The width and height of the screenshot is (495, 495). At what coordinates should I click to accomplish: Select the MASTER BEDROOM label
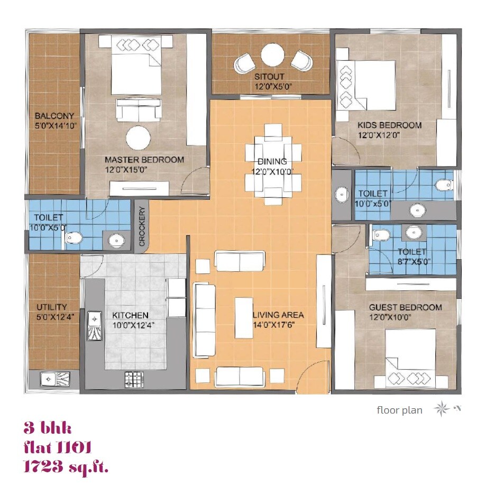pyautogui.click(x=144, y=160)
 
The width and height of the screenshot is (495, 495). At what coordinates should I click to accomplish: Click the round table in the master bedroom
pyautogui.click(x=139, y=139)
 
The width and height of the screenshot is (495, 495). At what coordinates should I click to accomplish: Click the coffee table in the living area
pyautogui.click(x=244, y=317)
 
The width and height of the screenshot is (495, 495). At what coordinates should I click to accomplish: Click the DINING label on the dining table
pyautogui.click(x=272, y=161)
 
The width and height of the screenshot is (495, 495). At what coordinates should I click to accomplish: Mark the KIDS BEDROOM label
pyautogui.click(x=390, y=125)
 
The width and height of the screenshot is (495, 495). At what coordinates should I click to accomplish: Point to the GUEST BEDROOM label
pyautogui.click(x=405, y=307)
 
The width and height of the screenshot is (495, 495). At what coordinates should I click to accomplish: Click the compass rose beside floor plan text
pyautogui.click(x=441, y=409)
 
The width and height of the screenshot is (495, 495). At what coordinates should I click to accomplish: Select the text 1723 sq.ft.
pyautogui.click(x=66, y=467)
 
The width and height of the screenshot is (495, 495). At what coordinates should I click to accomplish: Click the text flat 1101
pyautogui.click(x=58, y=447)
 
